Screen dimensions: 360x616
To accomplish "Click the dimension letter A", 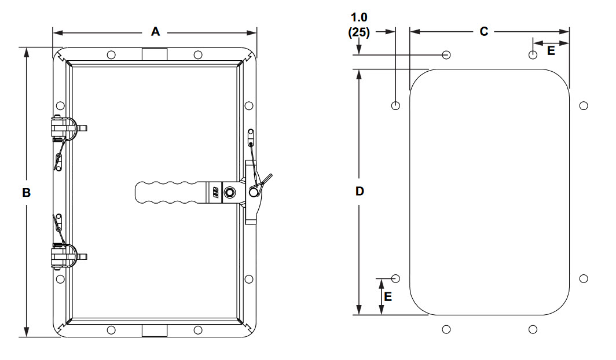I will tap(155, 32).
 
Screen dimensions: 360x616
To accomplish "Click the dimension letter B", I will tap(26, 193).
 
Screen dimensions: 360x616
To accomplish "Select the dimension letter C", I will tap(483, 32).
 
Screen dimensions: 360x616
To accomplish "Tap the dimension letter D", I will tap(360, 192).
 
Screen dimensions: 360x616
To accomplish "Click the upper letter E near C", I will tap(551, 51).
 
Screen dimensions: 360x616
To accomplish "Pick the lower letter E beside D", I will tap(388, 296).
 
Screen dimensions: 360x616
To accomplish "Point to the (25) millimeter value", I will tap(359, 32).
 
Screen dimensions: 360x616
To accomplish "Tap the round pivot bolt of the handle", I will tap(230, 192).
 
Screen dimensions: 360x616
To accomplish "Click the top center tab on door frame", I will tap(154, 54).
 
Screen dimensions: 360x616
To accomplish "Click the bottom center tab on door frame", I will tap(154, 330).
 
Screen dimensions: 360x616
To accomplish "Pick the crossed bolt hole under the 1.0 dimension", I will tap(446, 55).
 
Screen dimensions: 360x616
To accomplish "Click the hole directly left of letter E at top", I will tap(533, 55).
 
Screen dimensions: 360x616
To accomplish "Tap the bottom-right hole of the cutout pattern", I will tap(533, 329).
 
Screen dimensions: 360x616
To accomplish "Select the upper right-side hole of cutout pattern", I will tap(584, 105).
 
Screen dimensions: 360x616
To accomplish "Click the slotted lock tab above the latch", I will tap(250, 137).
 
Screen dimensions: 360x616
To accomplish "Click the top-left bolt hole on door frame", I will tap(111, 55).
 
